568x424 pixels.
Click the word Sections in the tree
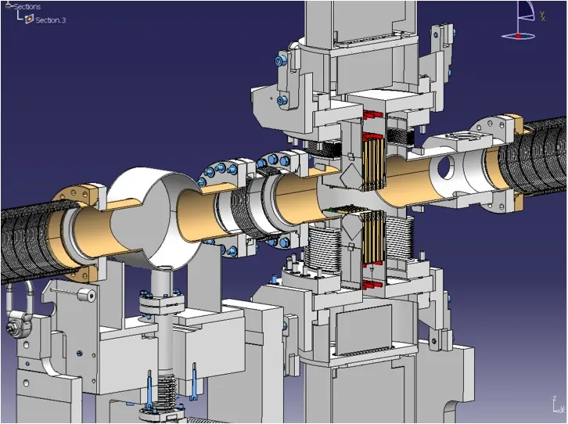point(27,6)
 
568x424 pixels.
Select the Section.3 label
point(50,20)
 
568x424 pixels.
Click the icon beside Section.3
point(30,20)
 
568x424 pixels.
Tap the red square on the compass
point(519,36)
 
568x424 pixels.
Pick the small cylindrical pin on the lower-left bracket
point(87,295)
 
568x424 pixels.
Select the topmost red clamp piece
point(372,115)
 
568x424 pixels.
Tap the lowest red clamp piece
point(372,285)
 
